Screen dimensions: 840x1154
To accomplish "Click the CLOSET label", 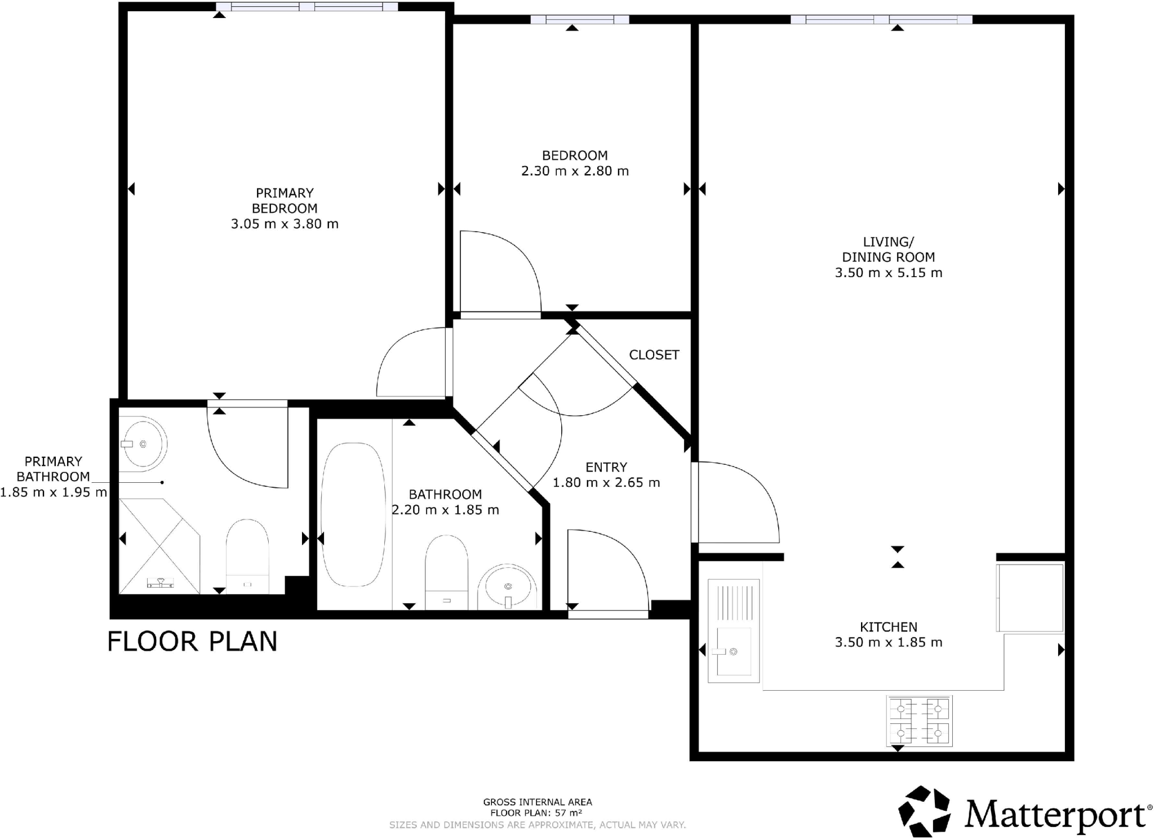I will pyautogui.click(x=654, y=355).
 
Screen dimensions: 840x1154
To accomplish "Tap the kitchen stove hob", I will pyautogui.click(x=918, y=721).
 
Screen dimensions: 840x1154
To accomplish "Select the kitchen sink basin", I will pyautogui.click(x=733, y=651).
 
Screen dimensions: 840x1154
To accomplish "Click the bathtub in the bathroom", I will pyautogui.click(x=353, y=514).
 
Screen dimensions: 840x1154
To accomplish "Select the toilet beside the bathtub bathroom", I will pyautogui.click(x=446, y=570).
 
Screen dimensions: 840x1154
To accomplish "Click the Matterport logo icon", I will pyautogui.click(x=924, y=811).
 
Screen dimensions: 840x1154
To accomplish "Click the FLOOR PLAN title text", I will pyautogui.click(x=192, y=641).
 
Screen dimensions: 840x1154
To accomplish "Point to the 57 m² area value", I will pyautogui.click(x=568, y=813).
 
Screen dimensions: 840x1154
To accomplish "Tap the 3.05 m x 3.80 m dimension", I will pyautogui.click(x=285, y=224).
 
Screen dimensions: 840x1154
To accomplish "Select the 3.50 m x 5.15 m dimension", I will pyautogui.click(x=888, y=273).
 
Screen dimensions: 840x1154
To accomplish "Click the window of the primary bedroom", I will pyautogui.click(x=307, y=7).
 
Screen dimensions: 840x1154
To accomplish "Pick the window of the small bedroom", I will pyautogui.click(x=579, y=20).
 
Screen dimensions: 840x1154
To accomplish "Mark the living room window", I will pyautogui.click(x=881, y=20).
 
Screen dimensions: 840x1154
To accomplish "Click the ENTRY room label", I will pyautogui.click(x=606, y=467).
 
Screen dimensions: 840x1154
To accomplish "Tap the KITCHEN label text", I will pyautogui.click(x=888, y=626).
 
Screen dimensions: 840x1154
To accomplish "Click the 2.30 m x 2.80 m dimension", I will pyautogui.click(x=574, y=171).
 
